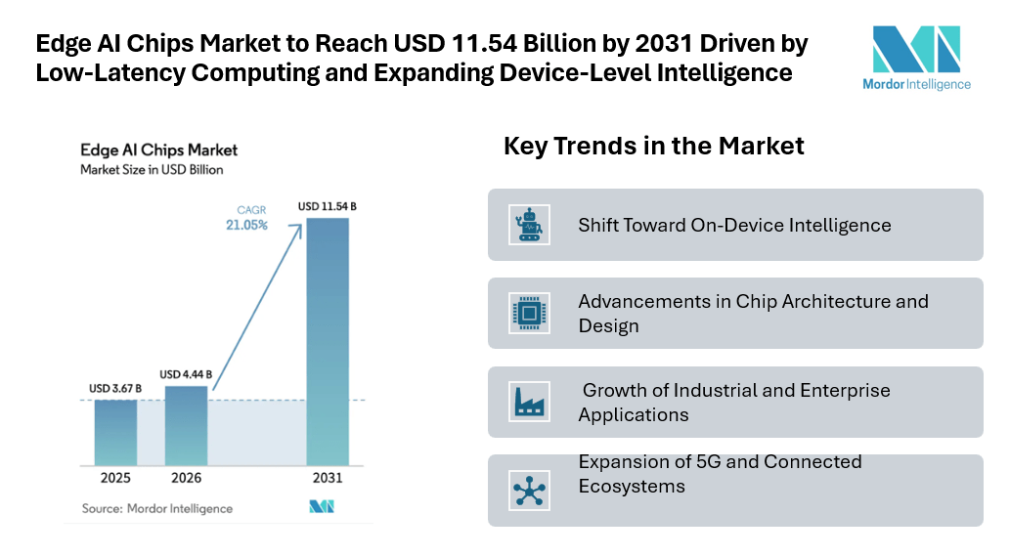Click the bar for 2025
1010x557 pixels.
[115, 432]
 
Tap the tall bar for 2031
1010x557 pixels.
[328, 341]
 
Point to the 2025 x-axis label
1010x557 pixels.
[115, 479]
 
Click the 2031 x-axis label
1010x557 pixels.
[328, 479]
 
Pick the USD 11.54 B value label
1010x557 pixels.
[328, 206]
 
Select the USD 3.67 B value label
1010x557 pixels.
[115, 389]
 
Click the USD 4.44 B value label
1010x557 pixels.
[186, 374]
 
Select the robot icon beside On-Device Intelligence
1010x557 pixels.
[529, 225]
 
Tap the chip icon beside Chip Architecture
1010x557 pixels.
[529, 314]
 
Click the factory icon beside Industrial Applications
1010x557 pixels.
[529, 402]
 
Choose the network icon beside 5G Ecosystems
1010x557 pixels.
[529, 490]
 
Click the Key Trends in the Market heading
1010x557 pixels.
[653, 147]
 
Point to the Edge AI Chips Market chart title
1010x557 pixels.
[158, 150]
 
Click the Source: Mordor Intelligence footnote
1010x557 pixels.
[156, 508]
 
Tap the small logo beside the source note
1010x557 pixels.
[322, 507]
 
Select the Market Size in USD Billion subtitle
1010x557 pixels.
[152, 170]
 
